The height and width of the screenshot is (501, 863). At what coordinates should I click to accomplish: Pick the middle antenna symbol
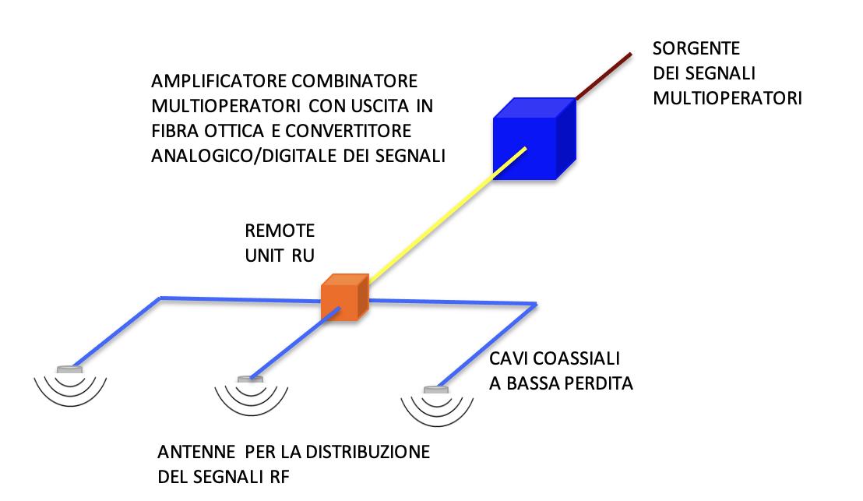click(250, 389)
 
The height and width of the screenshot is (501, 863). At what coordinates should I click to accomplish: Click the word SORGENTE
click(696, 49)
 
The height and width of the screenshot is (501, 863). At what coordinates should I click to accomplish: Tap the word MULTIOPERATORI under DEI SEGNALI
click(727, 99)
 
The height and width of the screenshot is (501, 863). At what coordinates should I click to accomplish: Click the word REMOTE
click(280, 231)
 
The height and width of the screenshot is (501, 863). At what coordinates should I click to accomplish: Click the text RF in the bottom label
click(278, 477)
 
